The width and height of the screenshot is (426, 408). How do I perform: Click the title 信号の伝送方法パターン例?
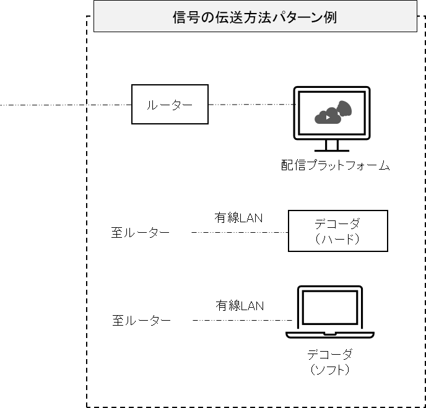click(254, 17)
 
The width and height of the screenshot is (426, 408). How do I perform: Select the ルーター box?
click(169, 105)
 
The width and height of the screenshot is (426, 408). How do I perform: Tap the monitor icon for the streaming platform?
click(332, 118)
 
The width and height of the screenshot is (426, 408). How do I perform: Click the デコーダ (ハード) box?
click(337, 230)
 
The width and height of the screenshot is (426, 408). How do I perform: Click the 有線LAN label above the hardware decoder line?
click(238, 217)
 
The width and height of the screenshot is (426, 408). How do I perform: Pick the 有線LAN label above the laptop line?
click(239, 305)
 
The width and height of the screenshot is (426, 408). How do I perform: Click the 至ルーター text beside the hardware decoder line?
click(141, 233)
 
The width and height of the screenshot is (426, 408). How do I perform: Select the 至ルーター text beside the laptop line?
click(141, 321)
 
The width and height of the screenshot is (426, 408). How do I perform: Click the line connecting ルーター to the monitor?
click(250, 105)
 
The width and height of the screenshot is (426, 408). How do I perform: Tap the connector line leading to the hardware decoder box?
click(239, 233)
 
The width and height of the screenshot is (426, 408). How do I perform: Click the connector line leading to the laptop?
click(241, 320)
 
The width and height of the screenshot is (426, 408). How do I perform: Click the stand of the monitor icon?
click(332, 146)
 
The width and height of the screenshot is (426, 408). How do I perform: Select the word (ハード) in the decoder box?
click(337, 238)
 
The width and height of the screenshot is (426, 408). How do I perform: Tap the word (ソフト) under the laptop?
click(329, 370)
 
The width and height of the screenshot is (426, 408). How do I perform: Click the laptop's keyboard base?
click(329, 334)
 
